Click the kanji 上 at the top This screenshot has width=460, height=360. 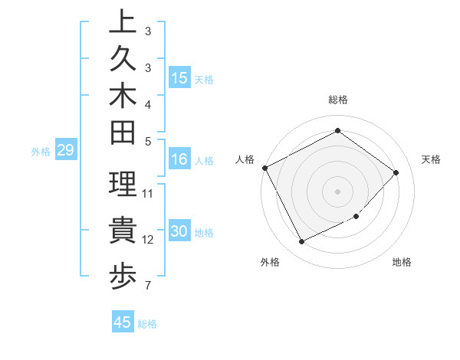123,23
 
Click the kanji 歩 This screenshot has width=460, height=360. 123,277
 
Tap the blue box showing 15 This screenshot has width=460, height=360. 179,78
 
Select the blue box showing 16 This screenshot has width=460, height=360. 179,160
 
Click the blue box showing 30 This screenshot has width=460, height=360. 179,232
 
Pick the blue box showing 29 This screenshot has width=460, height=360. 65,151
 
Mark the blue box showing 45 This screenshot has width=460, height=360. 123,322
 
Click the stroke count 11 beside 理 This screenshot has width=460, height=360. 148,193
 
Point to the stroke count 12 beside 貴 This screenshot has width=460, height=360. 148,240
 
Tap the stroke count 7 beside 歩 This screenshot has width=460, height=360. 147,286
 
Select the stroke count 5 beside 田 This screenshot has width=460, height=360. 147,141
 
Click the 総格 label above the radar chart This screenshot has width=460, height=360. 337,100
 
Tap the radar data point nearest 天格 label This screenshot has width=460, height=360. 396,172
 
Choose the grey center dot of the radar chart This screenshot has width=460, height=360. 337,191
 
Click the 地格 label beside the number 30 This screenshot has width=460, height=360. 205,233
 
